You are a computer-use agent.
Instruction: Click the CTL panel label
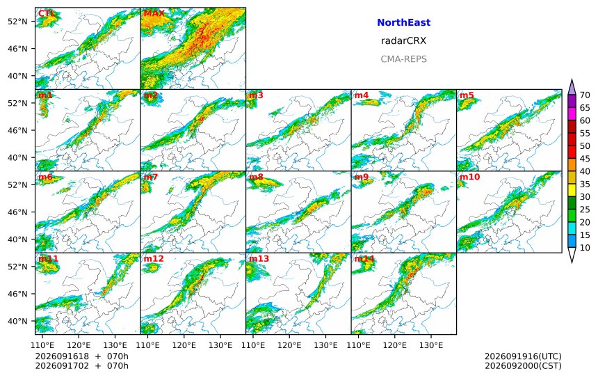pyautogui.click(x=47, y=13)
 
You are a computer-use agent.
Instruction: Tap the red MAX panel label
pyautogui.click(x=154, y=13)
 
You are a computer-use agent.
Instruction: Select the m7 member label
pyautogui.click(x=150, y=177)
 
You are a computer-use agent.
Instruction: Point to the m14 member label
pyautogui.click(x=364, y=259)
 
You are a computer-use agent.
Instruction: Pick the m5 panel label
pyautogui.click(x=467, y=95)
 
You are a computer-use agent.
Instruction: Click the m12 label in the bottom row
pyautogui.click(x=153, y=259)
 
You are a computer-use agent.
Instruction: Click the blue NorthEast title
pyautogui.click(x=403, y=22)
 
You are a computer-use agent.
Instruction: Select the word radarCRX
pyautogui.click(x=403, y=41)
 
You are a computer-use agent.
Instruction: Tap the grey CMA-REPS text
pyautogui.click(x=403, y=59)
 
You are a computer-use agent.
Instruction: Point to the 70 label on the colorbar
pyautogui.click(x=585, y=95)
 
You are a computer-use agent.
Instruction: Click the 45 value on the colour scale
pyautogui.click(x=585, y=159)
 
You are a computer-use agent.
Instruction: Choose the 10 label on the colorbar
pyautogui.click(x=585, y=248)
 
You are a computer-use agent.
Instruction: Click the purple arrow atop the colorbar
pyautogui.click(x=572, y=87)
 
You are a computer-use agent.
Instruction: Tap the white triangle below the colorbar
pyautogui.click(x=572, y=255)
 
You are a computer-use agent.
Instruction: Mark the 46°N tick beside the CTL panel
pyautogui.click(x=17, y=49)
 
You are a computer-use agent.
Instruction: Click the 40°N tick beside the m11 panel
pyautogui.click(x=17, y=321)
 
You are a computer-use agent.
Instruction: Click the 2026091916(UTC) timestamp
pyautogui.click(x=523, y=356)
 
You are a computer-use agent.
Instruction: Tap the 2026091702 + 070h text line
pyautogui.click(x=81, y=366)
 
